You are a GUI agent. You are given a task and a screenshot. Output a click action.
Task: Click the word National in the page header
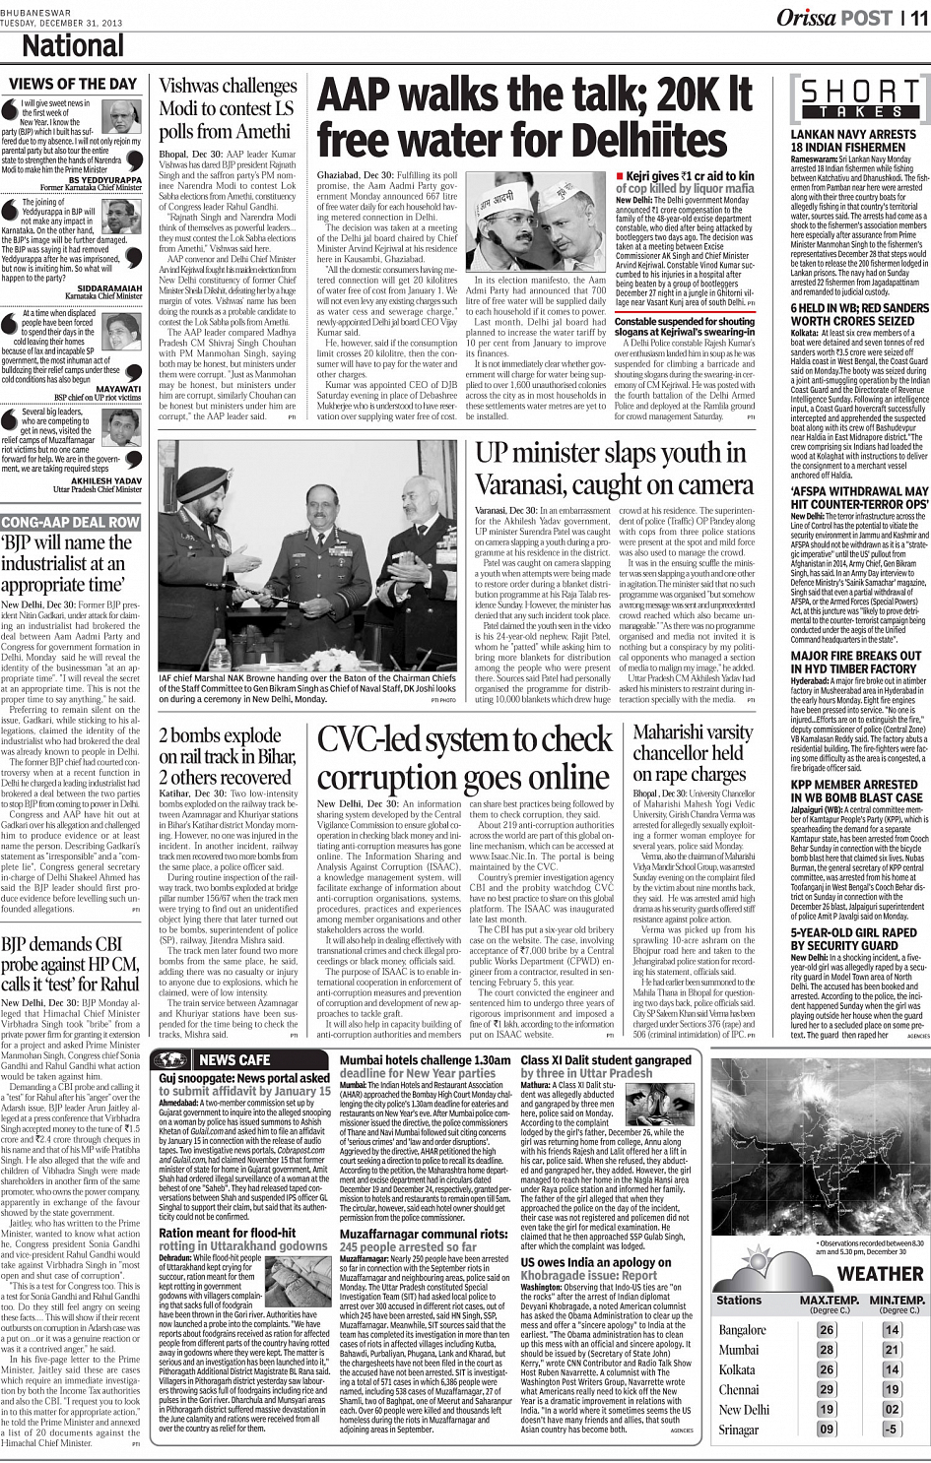pos(73,45)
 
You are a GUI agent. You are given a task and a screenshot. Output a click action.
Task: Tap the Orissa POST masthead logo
pos(834,17)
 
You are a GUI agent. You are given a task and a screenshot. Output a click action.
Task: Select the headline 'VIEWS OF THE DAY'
pos(73,85)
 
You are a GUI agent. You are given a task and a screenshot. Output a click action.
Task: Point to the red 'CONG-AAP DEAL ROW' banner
pos(71,522)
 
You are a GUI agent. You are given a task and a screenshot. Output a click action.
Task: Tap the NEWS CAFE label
pos(234,1060)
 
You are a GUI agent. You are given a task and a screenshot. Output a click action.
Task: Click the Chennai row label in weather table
pos(739,1390)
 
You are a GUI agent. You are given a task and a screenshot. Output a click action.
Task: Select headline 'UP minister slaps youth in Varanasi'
pos(611,469)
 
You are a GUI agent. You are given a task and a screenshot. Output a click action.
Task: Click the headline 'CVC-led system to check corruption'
pos(464,758)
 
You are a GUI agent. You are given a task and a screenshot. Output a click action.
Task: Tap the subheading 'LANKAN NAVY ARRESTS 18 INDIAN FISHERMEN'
pos(853,141)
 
